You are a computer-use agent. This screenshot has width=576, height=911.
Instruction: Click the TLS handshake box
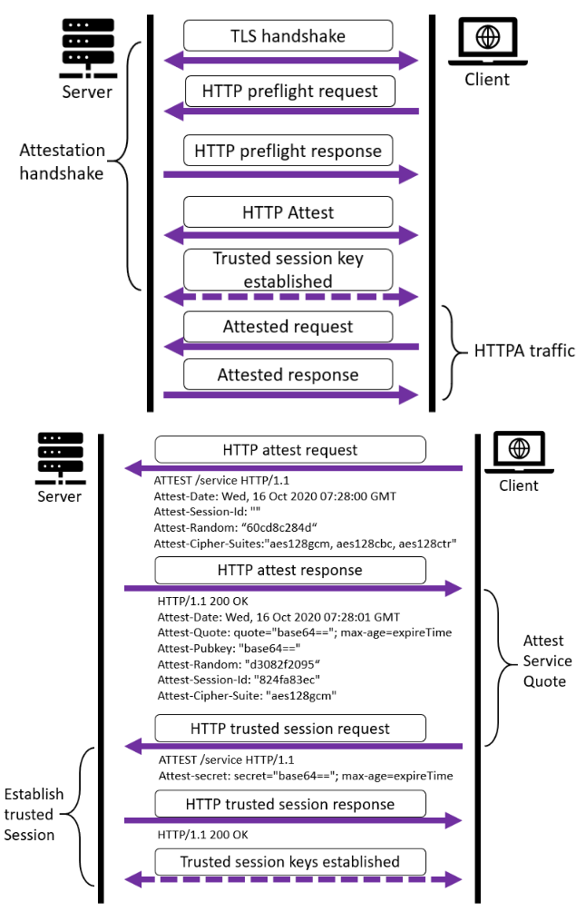[x=288, y=36]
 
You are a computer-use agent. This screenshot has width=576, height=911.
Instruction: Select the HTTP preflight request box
[x=290, y=91]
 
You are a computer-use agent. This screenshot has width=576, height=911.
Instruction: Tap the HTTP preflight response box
[x=288, y=150]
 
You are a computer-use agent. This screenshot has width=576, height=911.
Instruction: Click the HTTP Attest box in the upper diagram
[x=288, y=212]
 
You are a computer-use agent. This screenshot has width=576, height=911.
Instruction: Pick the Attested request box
[x=288, y=326]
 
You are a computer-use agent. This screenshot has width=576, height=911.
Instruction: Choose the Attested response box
[x=288, y=374]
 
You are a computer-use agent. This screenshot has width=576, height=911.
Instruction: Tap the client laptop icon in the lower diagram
[x=518, y=451]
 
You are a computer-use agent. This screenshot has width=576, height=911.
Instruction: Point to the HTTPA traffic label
[x=524, y=350]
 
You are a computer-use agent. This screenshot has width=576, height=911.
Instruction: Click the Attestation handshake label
[x=62, y=162]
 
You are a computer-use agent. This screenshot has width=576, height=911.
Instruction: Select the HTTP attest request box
[x=290, y=449]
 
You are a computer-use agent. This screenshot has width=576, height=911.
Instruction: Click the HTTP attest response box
[x=290, y=570]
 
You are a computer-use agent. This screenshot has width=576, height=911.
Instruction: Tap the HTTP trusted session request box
[x=290, y=728]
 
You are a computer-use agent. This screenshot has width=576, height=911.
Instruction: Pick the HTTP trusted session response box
[x=290, y=804]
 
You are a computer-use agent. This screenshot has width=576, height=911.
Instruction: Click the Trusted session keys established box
[x=290, y=861]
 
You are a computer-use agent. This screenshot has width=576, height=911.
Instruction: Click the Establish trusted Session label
[x=34, y=814]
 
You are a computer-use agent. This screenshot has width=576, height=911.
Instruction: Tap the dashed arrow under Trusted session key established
[x=290, y=297]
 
